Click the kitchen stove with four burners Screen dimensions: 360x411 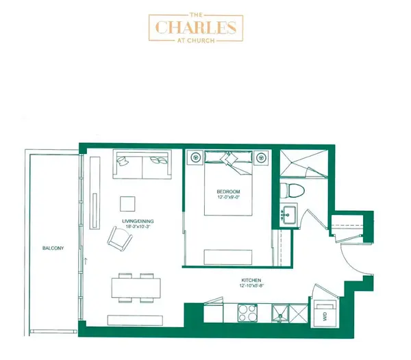(247, 313)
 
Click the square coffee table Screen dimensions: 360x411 (128, 204)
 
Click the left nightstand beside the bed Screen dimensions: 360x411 (196, 157)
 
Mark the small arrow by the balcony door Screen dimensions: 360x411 (87, 261)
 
